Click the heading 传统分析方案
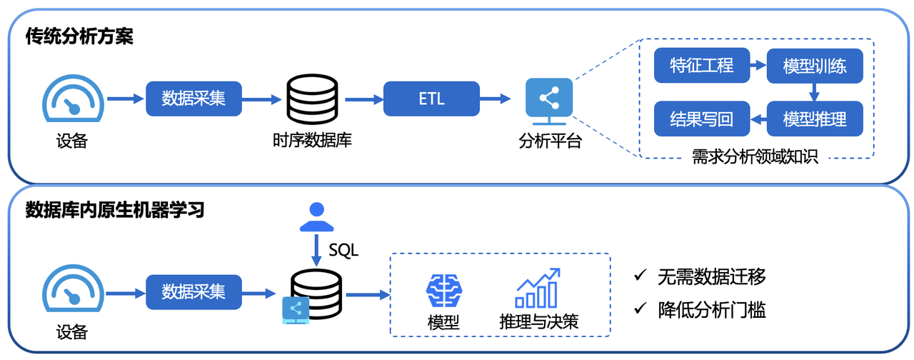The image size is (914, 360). point(79,36)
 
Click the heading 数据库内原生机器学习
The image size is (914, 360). point(115,210)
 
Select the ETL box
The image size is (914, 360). point(431,99)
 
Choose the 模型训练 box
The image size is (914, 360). point(815,66)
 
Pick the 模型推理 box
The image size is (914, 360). point(815,119)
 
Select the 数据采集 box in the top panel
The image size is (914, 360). point(194,99)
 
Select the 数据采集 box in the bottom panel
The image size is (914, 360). point(194,292)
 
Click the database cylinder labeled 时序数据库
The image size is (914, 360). point(311,100)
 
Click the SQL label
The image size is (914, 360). point(343,251)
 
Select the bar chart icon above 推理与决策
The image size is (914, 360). point(538,288)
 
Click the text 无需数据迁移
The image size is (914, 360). point(711,276)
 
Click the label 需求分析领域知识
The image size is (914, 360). point(755,157)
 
